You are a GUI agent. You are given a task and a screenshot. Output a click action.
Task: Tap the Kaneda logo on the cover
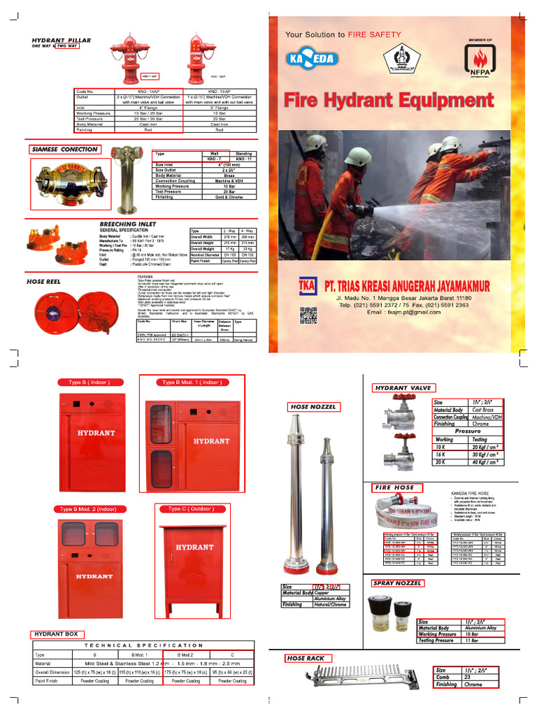tap(312, 59)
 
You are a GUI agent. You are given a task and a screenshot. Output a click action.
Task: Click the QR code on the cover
tap(308, 315)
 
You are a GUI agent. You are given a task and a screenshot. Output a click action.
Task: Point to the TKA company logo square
tap(307, 286)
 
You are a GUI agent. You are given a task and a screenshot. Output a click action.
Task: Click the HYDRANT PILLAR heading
tap(61, 41)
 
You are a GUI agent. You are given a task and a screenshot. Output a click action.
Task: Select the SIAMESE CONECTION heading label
tap(64, 150)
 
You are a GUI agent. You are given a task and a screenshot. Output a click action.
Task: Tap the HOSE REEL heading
tap(43, 282)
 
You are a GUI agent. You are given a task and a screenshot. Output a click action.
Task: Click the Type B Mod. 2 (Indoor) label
tap(88, 510)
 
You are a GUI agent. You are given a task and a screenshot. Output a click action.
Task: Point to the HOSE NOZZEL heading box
tap(313, 406)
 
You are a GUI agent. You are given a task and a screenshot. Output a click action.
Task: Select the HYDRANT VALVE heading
tap(403, 388)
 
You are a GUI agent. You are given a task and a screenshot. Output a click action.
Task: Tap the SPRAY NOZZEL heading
tap(398, 583)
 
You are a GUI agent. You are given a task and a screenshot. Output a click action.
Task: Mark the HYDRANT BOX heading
tap(57, 634)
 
